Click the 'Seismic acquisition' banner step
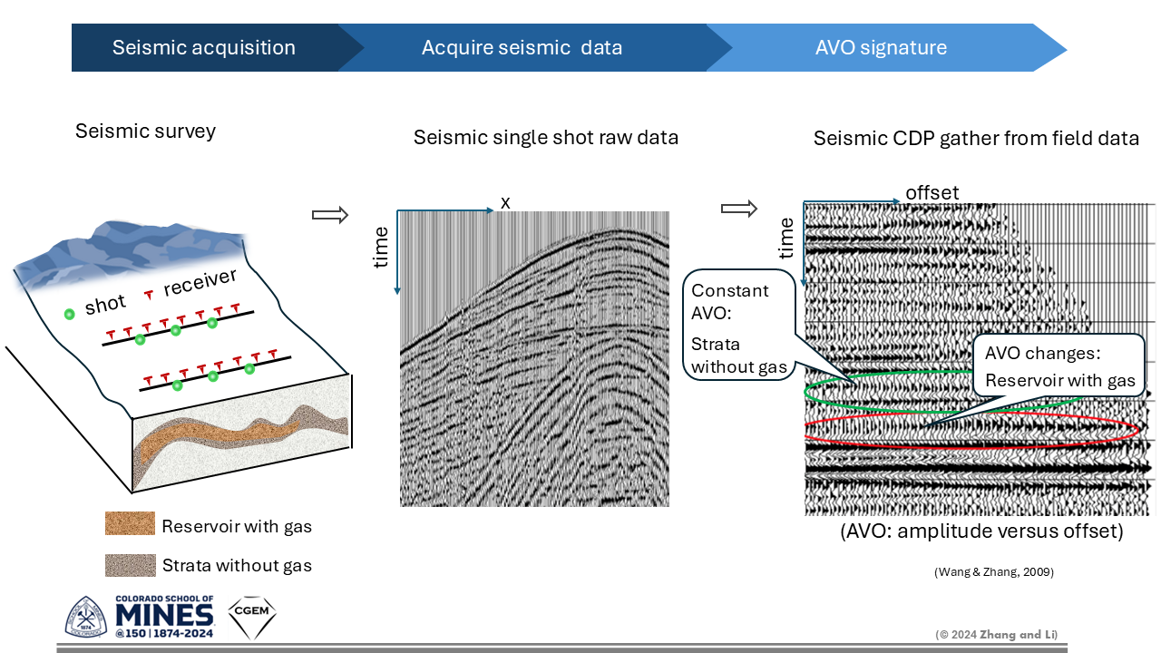(x=203, y=48)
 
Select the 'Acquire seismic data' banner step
(x=522, y=48)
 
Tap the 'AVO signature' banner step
(x=880, y=48)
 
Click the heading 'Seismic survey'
(x=145, y=132)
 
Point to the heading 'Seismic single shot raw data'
(x=546, y=138)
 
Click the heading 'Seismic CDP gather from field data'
(x=976, y=139)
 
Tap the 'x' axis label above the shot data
(x=505, y=203)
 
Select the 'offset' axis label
(x=932, y=193)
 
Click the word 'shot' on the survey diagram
(x=105, y=307)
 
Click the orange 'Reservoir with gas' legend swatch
(x=130, y=523)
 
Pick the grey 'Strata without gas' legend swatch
(x=130, y=566)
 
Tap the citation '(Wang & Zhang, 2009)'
(x=993, y=572)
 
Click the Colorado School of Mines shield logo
(x=86, y=617)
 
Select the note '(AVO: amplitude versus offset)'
(x=981, y=531)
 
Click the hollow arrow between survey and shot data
(x=330, y=215)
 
